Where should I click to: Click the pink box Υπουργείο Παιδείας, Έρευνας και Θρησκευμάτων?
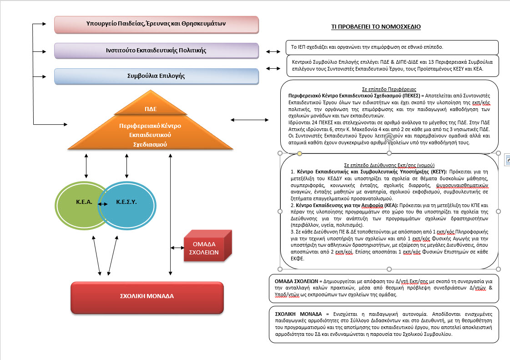tap(156, 25)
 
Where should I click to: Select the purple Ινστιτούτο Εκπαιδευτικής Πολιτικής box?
tap(156, 51)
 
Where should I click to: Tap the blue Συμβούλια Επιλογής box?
tap(156, 76)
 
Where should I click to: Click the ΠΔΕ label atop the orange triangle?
tap(151, 109)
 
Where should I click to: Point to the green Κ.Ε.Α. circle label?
tap(84, 202)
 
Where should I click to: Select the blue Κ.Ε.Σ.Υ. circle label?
tap(126, 202)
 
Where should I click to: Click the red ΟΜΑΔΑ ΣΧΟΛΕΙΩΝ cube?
tap(207, 246)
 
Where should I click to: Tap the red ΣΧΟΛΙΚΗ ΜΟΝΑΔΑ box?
tap(147, 298)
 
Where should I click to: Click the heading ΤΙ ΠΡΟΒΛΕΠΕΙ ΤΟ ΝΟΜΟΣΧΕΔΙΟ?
tap(376, 27)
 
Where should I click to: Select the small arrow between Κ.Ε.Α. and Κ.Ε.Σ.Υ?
tap(103, 204)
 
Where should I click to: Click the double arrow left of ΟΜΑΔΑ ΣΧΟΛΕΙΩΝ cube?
tap(177, 248)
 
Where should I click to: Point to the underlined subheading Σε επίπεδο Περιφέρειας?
tap(389, 89)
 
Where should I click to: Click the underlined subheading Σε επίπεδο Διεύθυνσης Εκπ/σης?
tap(389, 165)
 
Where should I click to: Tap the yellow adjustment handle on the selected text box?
tap(299, 153)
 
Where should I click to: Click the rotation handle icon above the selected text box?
tap(389, 138)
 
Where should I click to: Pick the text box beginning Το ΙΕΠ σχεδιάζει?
tap(392, 47)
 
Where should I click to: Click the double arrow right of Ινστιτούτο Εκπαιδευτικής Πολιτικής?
tap(273, 51)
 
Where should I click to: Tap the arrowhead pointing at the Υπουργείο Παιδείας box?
tap(44, 24)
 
